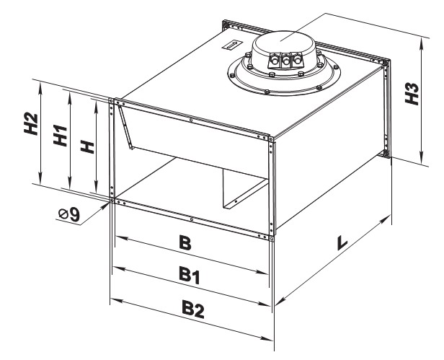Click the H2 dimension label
pos(31,124)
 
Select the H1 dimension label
pos(61,136)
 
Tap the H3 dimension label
pos(412,94)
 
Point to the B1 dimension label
pos(190,275)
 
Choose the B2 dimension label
pos(193,308)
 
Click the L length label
pos(342,242)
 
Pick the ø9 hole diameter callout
pos(68,214)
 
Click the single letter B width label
pos(185,243)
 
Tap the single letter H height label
pos(87,146)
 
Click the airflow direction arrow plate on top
pos(232,45)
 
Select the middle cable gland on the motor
pos(285,60)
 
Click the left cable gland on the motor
pos(274,60)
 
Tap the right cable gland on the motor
pos(297,59)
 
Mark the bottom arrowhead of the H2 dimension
pos(41,179)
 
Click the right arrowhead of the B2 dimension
pos(267,339)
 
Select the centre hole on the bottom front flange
pos(192,219)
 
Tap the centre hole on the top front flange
pos(192,120)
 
